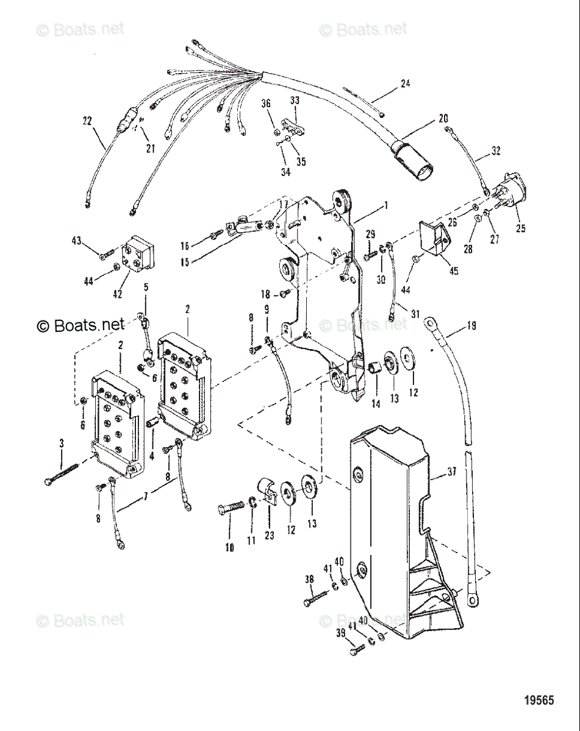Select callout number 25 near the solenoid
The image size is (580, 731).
[x=520, y=230]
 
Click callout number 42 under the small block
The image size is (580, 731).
[x=118, y=294]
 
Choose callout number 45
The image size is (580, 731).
[x=453, y=271]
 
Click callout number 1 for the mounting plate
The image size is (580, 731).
[x=385, y=206]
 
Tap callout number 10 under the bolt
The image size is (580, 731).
[x=229, y=548]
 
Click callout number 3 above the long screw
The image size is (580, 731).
[x=61, y=444]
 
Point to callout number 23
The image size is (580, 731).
[x=269, y=535]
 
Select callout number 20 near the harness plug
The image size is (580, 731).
[x=443, y=119]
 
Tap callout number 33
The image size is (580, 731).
[x=295, y=100]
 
